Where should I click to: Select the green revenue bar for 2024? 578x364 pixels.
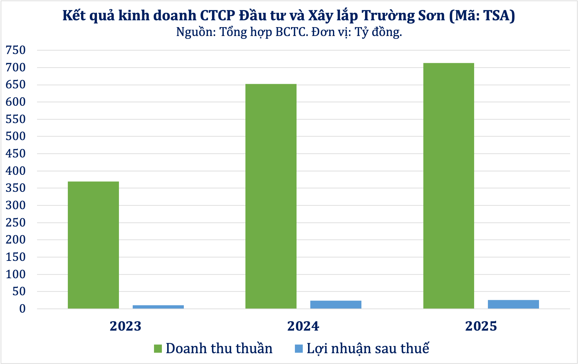coord(271,196)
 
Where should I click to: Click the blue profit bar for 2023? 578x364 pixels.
coord(158,307)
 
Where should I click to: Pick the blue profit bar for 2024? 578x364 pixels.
coord(336,304)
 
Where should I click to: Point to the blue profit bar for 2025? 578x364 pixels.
coord(513,304)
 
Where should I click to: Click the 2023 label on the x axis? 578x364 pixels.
coord(125,326)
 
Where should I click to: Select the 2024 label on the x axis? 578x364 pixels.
coord(303,326)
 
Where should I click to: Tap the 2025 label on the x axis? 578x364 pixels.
coord(481,326)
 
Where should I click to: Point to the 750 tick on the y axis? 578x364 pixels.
coord(16,50)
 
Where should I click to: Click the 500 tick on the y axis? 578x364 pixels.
coord(16,136)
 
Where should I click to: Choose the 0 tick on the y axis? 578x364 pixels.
coord(22,308)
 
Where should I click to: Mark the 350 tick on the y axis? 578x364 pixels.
coord(16,188)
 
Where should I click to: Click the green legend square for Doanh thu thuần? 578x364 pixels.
coord(158,349)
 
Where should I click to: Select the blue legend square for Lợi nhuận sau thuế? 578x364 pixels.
coord(299,349)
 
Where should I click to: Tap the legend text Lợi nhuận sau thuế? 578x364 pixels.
coord(368,349)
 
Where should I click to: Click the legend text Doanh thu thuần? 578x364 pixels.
coord(219,349)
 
